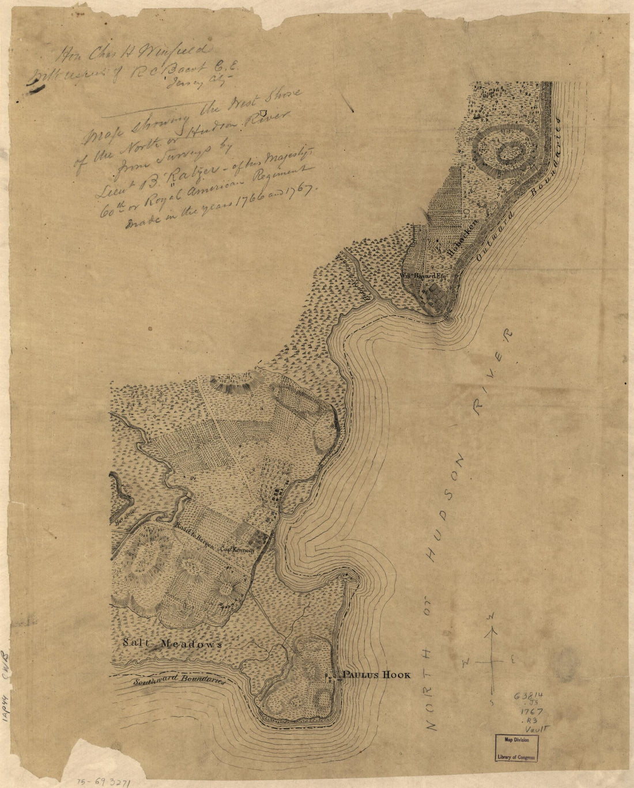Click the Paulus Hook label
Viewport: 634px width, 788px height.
point(376,675)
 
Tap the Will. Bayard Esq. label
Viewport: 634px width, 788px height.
point(424,275)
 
